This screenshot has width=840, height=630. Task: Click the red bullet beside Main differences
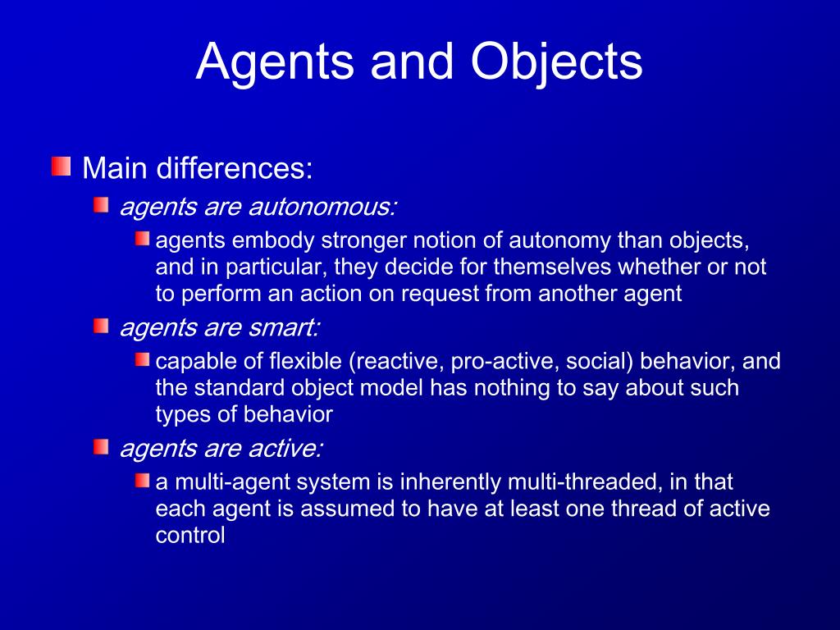[60, 167]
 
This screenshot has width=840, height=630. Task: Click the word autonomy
[559, 241]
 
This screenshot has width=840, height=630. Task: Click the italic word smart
[286, 328]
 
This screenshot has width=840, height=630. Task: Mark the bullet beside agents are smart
[100, 326]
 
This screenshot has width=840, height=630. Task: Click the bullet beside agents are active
[100, 447]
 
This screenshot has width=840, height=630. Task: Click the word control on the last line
[190, 535]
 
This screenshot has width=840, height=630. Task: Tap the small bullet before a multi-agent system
[143, 481]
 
